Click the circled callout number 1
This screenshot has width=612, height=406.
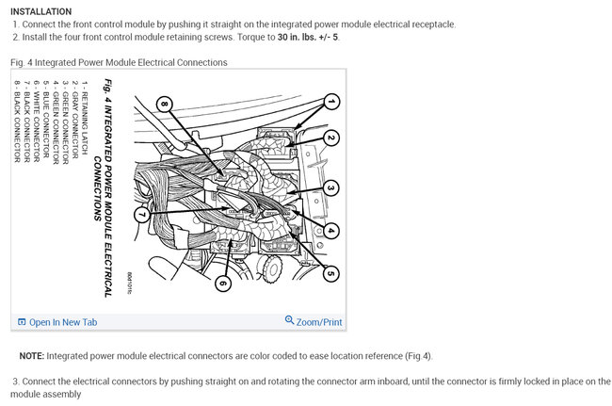point(331,101)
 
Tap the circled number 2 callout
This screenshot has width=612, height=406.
point(331,138)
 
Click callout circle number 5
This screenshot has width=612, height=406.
point(331,273)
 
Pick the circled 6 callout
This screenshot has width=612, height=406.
point(223,283)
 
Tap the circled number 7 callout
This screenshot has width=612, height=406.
point(140,216)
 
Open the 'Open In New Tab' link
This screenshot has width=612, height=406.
point(62,322)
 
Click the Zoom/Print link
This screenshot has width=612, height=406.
point(318,322)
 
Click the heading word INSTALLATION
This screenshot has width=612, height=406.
point(41,11)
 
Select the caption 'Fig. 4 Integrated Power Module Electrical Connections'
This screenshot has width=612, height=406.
point(119,62)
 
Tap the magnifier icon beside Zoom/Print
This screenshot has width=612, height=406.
point(289,321)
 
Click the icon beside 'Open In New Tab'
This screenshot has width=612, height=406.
point(22,322)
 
